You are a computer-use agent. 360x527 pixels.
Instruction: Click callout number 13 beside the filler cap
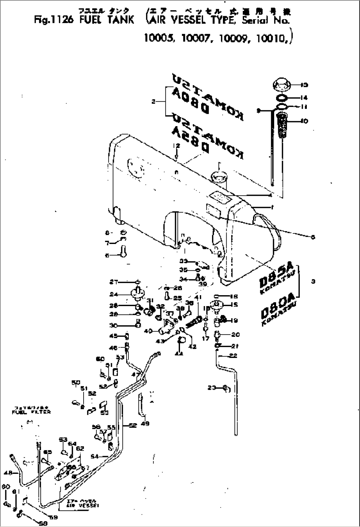(305, 85)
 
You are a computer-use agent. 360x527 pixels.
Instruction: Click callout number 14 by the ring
(304, 98)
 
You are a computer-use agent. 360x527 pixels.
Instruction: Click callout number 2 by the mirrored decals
(154, 102)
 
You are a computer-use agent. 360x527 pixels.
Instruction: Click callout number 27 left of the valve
(114, 282)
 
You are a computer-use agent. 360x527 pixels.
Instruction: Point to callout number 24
(114, 294)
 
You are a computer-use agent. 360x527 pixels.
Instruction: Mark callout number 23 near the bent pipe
(212, 388)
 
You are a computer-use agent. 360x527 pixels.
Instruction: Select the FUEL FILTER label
(31, 412)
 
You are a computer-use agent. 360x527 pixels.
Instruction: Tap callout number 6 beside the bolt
(107, 255)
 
